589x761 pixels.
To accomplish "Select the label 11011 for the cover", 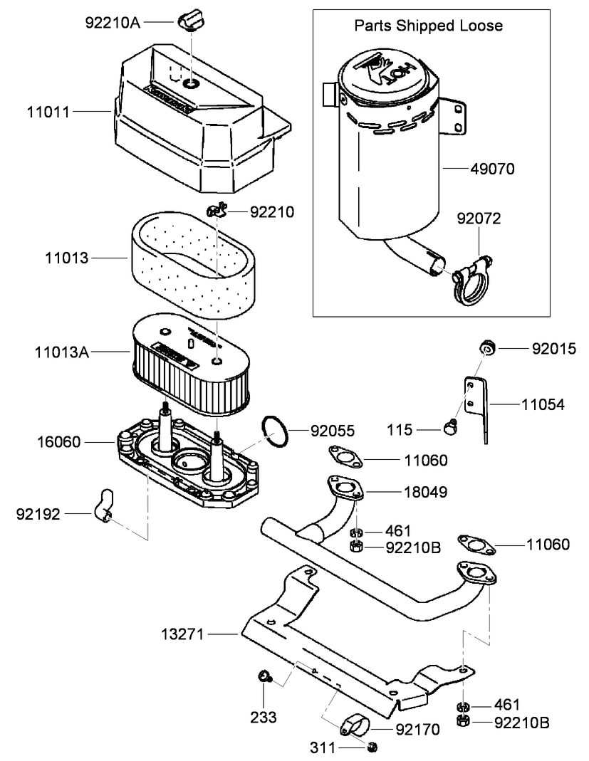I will click(x=48, y=111).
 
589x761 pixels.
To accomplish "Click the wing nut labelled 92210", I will click(x=217, y=211).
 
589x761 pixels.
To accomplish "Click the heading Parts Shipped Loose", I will click(x=429, y=26).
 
